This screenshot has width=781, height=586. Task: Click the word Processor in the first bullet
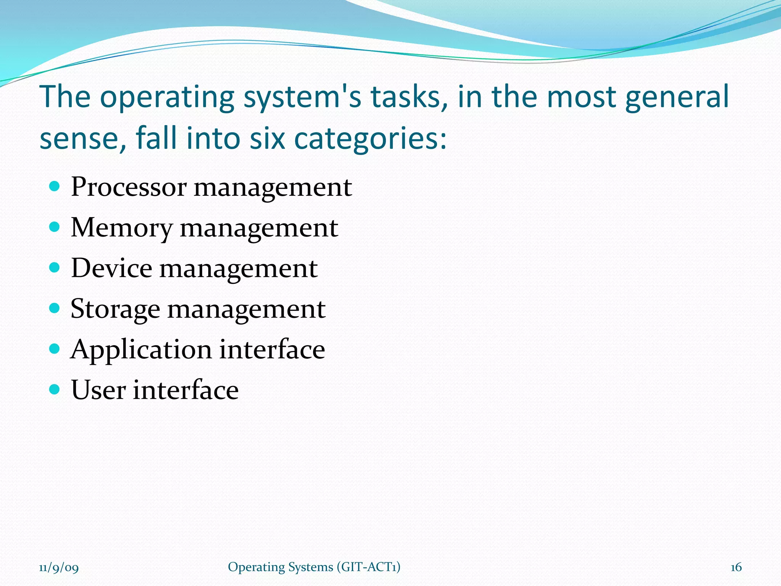[x=129, y=188]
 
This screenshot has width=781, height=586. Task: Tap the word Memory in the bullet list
[x=121, y=228]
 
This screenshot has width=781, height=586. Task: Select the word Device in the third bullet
[x=111, y=268]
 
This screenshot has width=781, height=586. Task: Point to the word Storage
[x=115, y=309]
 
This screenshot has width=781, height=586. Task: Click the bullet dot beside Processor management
[x=55, y=187]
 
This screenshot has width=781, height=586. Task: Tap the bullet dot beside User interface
[x=55, y=390]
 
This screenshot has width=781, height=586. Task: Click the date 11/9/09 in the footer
[x=59, y=568]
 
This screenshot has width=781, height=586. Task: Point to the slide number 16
[x=736, y=567]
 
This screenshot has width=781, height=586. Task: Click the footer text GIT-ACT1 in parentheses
[x=368, y=567]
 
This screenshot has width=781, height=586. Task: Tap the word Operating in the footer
[x=256, y=567]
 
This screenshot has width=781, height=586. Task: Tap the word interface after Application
[x=272, y=350]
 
